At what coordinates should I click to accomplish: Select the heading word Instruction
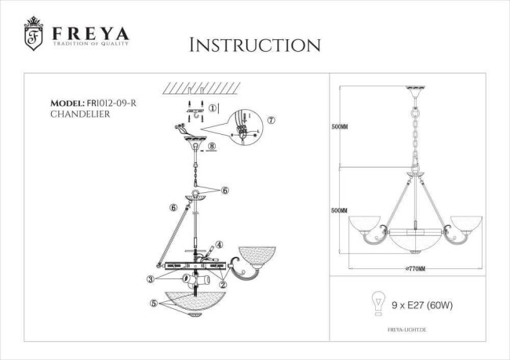[255, 45]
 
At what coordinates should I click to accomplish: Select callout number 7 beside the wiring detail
[271, 120]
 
